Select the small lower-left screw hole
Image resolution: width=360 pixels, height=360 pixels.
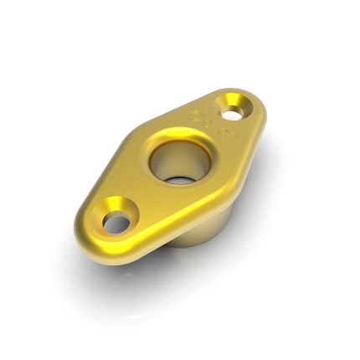(116, 223)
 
